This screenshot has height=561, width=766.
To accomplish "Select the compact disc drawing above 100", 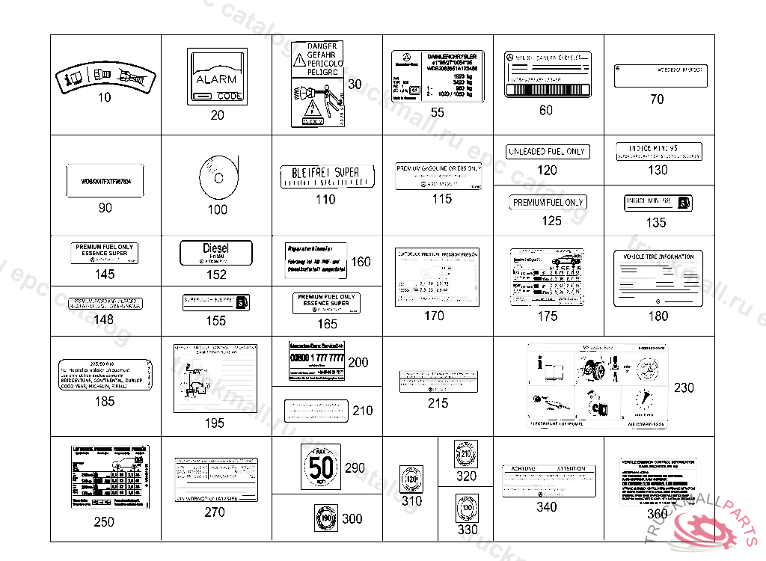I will point(217,177).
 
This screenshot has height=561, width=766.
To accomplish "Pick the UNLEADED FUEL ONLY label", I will point(547,152).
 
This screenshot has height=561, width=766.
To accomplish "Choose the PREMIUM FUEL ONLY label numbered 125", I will point(548,203).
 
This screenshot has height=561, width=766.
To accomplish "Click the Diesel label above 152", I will point(217,252).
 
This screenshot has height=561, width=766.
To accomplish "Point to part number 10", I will point(105,97).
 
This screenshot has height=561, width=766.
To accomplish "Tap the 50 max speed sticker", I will point(322,467).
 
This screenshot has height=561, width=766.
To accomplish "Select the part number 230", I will point(684,387).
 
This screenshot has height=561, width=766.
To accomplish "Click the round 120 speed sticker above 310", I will point(411,478).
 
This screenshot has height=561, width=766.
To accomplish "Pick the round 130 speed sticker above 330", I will point(466,507).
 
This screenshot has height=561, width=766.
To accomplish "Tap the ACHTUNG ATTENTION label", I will point(548,479).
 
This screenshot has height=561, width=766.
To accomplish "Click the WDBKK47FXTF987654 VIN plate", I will point(105,180).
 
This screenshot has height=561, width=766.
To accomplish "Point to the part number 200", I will point(358,362).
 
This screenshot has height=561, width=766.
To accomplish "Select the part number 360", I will point(657,514).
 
